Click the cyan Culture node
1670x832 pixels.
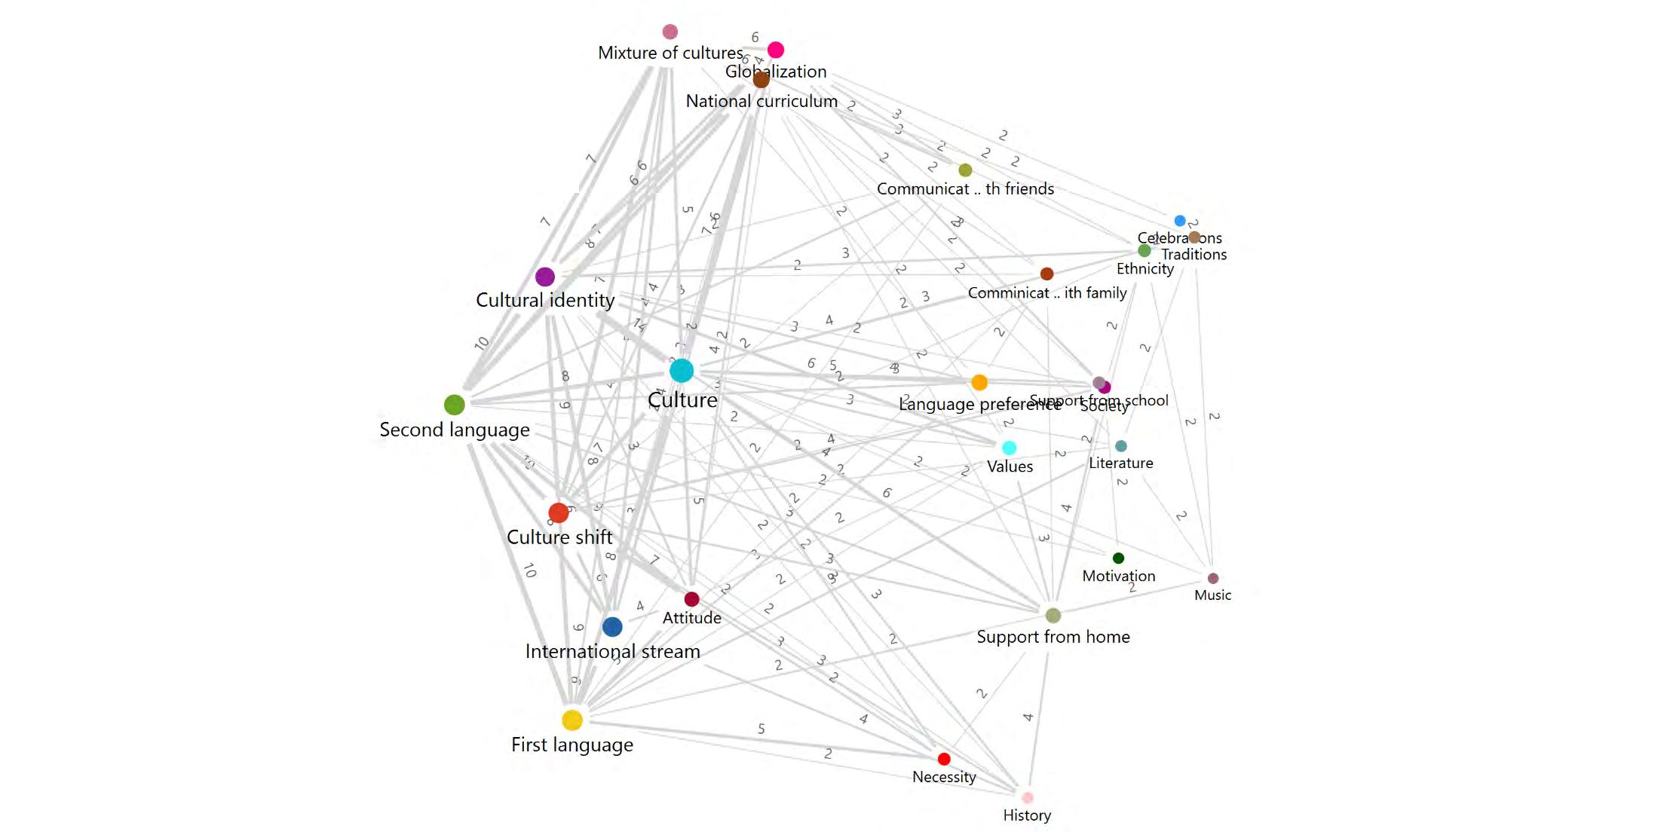point(682,370)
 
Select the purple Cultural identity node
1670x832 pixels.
point(545,277)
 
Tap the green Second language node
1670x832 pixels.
point(454,405)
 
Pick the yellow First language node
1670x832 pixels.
point(572,720)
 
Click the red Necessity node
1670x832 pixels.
point(944,758)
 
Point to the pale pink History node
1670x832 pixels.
point(1027,797)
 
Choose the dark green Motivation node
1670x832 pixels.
point(1118,558)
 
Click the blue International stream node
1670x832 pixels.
point(612,626)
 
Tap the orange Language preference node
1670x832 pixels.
point(979,382)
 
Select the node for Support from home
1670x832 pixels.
point(1053,615)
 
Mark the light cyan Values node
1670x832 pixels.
point(1009,448)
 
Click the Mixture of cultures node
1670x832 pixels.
point(670,32)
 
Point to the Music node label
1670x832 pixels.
point(1212,595)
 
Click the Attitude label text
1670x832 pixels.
point(691,618)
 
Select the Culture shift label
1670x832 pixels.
point(559,537)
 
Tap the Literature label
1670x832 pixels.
point(1120,463)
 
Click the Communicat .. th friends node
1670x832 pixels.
point(965,170)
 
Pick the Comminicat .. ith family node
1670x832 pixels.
point(1046,274)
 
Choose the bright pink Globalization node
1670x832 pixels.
point(776,50)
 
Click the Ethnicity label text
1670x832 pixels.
point(1144,269)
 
